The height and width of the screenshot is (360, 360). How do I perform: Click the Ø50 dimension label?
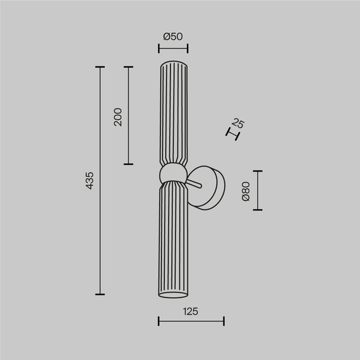click(x=172, y=37)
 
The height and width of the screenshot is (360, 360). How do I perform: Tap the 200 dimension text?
click(x=117, y=116)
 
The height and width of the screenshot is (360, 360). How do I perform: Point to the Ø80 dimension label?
click(x=246, y=191)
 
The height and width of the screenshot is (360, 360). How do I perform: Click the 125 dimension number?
click(x=191, y=311)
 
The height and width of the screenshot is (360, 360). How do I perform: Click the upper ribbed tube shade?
click(x=173, y=114)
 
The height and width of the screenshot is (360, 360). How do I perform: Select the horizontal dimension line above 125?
click(x=191, y=322)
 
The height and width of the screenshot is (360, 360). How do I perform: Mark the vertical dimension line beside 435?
click(x=100, y=181)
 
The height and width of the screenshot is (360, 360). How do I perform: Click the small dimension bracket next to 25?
click(x=233, y=133)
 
